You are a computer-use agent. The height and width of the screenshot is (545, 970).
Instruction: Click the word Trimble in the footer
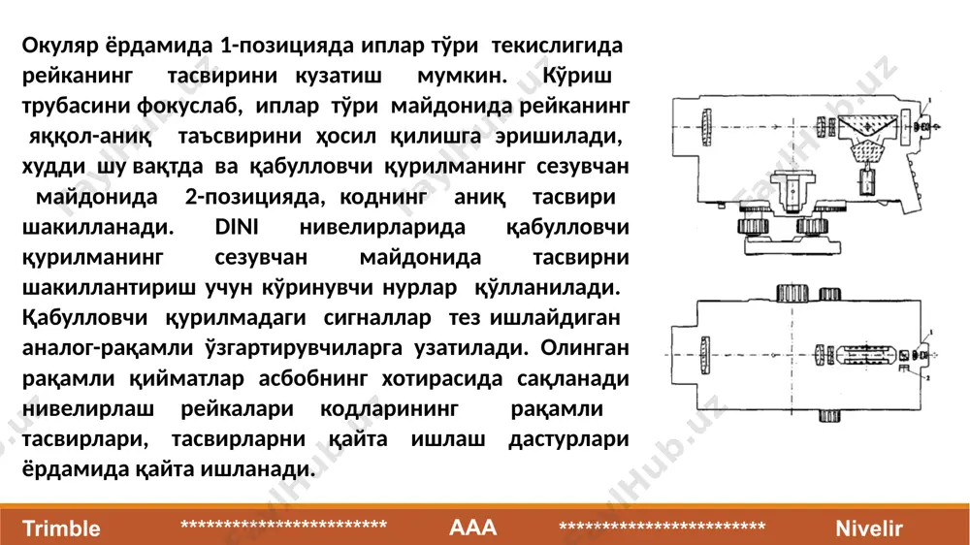pos(61,529)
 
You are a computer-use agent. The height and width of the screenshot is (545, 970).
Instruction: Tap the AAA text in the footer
pos(472,528)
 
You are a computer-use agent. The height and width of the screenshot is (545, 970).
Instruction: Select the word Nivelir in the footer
pos(868,529)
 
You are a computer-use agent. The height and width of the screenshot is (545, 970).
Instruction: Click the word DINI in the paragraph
pos(237,226)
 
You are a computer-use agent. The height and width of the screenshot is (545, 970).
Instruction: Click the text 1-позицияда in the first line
pos(287,46)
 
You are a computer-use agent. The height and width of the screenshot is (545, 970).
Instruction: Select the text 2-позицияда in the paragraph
pos(254,197)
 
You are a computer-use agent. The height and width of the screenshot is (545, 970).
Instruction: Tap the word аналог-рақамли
pos(108,348)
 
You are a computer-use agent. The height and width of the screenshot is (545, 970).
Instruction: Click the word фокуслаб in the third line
pos(189,107)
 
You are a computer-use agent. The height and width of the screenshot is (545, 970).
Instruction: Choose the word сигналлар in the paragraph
pos(377,318)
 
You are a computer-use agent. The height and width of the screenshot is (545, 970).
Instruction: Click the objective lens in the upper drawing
pos(706,127)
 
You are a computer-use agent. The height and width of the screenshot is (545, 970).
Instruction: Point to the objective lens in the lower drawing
pos(705,355)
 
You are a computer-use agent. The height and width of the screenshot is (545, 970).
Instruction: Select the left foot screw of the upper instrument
pos(754,226)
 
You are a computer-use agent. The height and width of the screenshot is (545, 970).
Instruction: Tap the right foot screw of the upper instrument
pos(812,226)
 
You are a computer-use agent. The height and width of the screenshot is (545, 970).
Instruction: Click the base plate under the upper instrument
pos(792,246)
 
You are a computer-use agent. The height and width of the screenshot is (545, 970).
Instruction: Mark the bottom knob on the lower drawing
pos(829,416)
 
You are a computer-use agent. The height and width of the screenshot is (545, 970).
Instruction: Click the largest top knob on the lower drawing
pos(792,293)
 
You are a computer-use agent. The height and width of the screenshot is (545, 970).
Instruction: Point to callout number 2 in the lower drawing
pos(928,378)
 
